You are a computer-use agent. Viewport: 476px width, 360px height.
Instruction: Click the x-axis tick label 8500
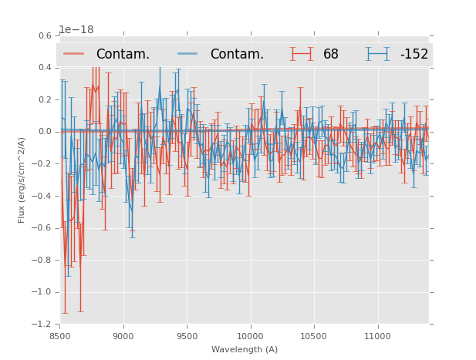60,336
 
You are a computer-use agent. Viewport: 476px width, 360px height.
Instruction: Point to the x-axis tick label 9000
123,336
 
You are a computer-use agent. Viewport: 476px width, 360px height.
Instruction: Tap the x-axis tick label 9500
187,336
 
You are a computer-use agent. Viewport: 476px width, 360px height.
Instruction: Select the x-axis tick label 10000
250,336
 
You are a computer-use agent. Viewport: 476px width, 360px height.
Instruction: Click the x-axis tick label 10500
314,336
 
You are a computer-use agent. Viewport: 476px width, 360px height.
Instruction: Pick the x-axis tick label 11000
377,336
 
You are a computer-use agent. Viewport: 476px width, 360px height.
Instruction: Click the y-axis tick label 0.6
45,35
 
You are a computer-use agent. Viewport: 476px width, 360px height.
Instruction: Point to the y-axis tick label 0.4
45,68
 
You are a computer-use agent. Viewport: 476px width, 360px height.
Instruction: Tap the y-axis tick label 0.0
45,132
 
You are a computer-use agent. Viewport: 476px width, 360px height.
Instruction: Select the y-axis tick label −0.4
42,196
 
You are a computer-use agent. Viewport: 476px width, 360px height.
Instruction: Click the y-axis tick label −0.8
42,260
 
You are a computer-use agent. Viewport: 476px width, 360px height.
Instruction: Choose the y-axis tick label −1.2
42,324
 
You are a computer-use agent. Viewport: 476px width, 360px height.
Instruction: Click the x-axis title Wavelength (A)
245,349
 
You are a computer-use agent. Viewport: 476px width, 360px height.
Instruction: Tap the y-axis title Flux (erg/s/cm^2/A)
22,180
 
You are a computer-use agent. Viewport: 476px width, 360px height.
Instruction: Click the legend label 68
331,54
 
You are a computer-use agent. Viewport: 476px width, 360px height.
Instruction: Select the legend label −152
414,54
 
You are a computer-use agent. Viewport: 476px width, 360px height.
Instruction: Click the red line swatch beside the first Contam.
74,54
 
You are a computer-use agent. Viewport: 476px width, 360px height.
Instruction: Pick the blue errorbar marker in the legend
378,54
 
